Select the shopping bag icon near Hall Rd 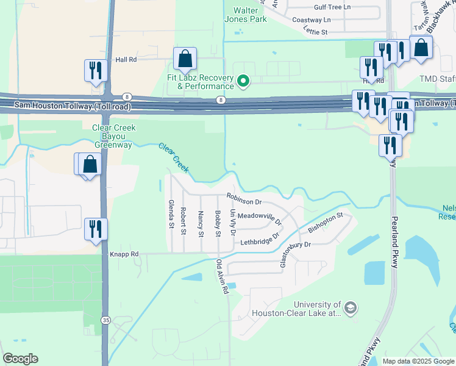[185, 59]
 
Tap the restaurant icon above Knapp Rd [96, 229]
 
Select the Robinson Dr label [244, 198]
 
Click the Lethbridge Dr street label [258, 238]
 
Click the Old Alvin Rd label [221, 278]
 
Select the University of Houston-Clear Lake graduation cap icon [350, 308]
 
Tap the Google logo [20, 358]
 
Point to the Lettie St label [315, 32]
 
